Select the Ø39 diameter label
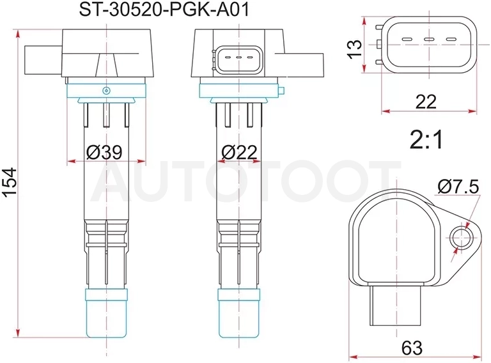click(104, 152)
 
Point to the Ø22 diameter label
click(239, 152)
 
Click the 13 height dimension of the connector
click(355, 49)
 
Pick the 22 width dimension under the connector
click(426, 102)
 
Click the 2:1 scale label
click(426, 140)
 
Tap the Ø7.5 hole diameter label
click(458, 187)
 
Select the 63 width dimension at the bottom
click(412, 348)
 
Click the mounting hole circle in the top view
click(461, 238)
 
